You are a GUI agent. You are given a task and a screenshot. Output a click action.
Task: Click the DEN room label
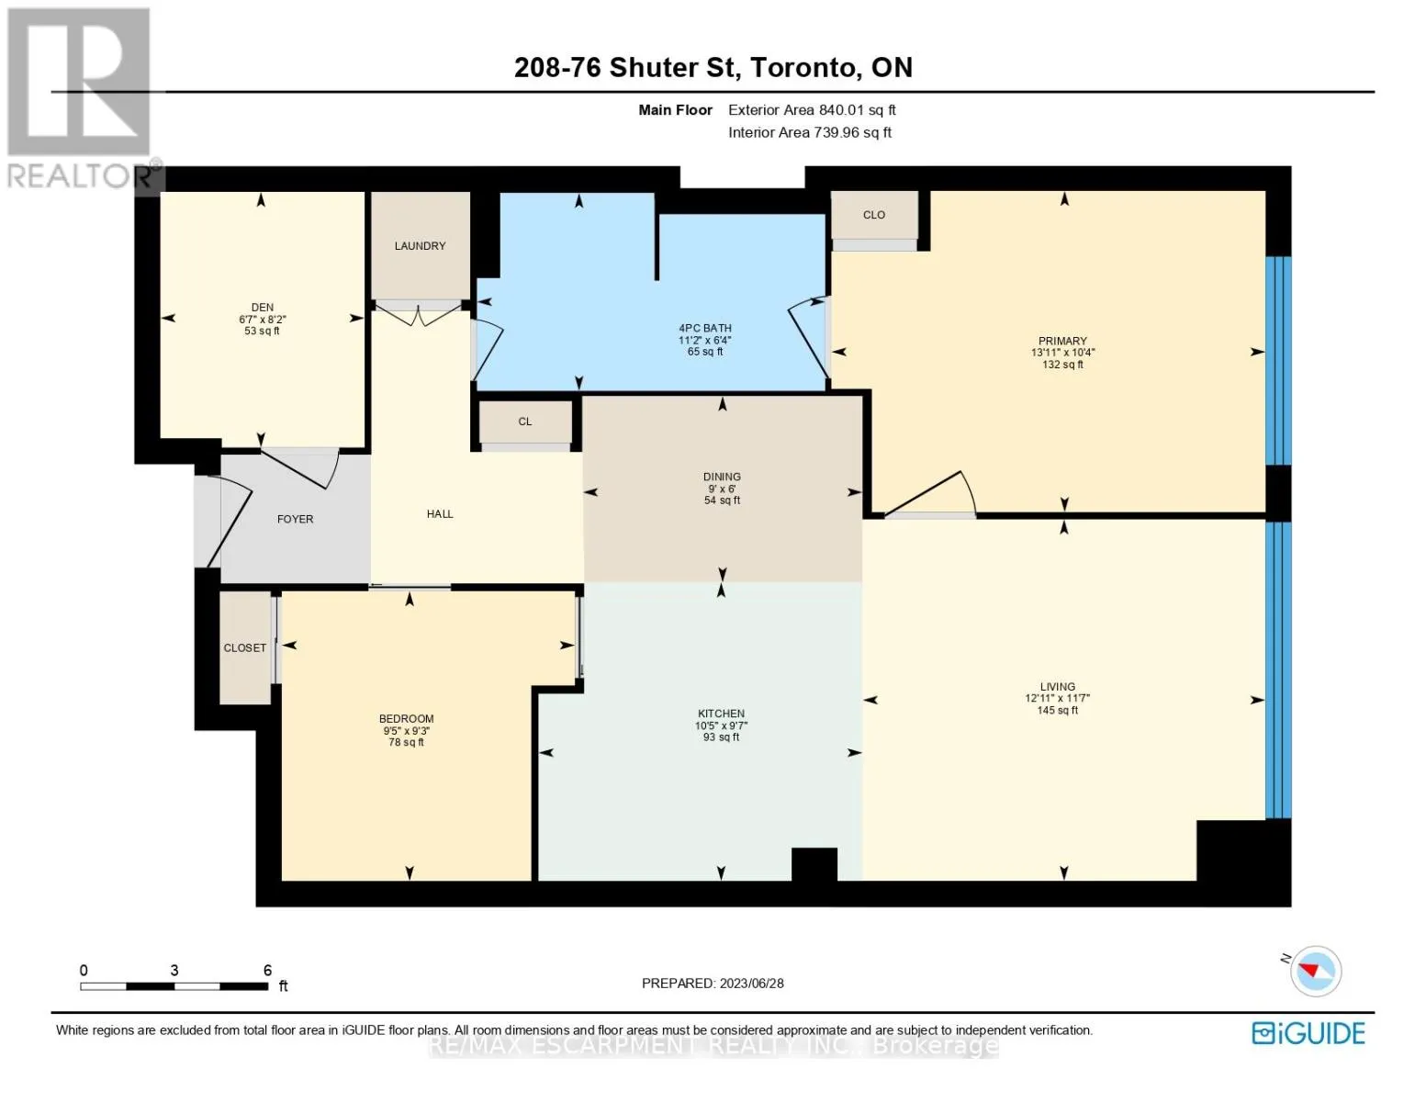coord(262,307)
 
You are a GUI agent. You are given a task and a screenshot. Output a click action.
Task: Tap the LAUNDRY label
coord(420,245)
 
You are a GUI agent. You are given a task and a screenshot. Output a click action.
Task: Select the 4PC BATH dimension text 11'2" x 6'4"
coord(704,340)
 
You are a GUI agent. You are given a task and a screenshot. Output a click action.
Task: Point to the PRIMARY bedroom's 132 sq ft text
coord(1062,365)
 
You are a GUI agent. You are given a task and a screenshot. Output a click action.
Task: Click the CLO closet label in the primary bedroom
coord(874,215)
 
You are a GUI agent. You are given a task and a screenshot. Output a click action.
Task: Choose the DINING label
coord(722,477)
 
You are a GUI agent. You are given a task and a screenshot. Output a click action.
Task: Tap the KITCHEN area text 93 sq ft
coord(721,737)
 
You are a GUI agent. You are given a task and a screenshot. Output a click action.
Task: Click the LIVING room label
coord(1057,687)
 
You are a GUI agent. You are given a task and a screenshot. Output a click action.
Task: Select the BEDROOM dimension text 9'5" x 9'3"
coord(406,730)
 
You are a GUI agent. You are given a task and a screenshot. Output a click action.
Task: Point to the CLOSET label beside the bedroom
coord(245,647)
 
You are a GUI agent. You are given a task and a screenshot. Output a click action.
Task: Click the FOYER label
coord(296,519)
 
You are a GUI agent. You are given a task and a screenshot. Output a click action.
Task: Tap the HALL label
coord(440,514)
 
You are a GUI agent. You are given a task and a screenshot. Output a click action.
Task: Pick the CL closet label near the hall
coord(525,422)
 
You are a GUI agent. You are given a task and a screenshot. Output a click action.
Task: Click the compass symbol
coord(1316,971)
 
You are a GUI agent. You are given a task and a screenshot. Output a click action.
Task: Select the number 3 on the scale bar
coord(174,970)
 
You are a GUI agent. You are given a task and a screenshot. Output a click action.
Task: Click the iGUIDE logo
coord(1308,1033)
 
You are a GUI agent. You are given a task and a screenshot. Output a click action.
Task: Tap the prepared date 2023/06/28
coord(751,984)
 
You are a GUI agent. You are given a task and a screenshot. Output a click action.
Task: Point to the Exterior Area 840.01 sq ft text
coord(812,110)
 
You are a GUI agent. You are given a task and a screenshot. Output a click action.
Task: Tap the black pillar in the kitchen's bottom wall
coord(814,864)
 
